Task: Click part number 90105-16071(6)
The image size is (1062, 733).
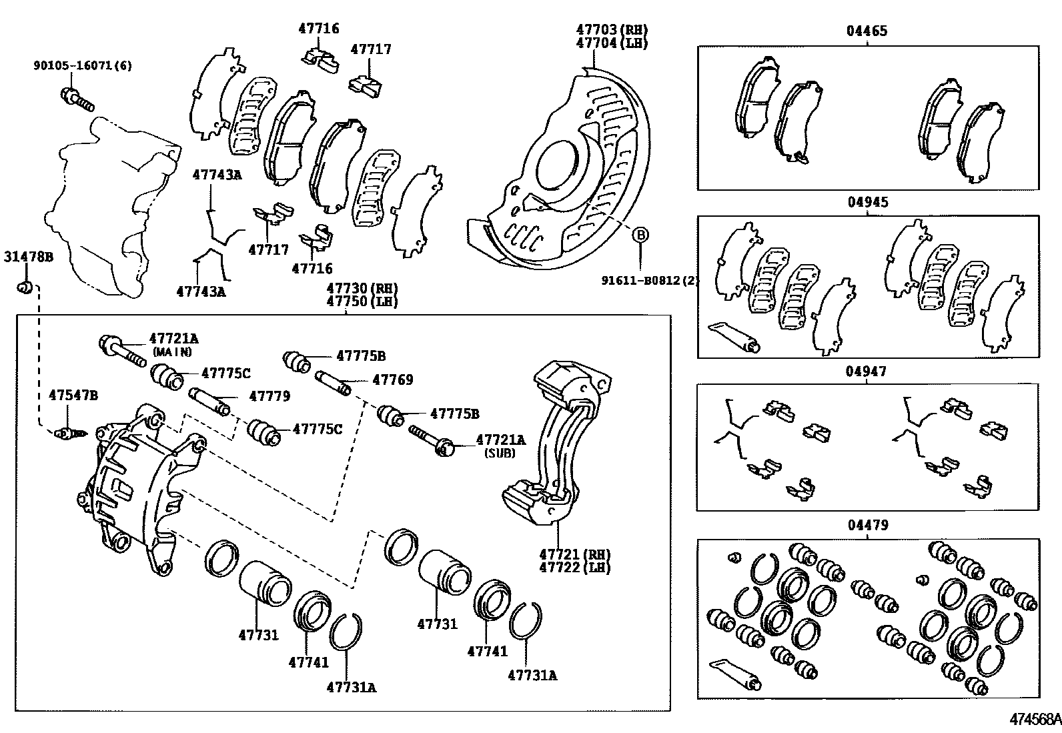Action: [83, 65]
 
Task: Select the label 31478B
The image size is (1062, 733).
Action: [28, 256]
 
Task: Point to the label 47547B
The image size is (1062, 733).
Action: [73, 396]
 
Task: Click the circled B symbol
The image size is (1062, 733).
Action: [640, 235]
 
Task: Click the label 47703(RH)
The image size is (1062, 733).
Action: [612, 29]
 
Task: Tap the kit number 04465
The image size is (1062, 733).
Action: [867, 31]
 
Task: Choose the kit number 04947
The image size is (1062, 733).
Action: [867, 372]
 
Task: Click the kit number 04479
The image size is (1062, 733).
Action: [867, 526]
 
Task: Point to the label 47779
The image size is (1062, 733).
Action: [270, 396]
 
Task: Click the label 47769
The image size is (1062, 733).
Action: [392, 380]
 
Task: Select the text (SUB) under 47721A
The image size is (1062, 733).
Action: [500, 453]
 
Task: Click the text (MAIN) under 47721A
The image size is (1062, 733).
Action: [171, 351]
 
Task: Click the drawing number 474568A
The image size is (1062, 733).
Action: [1034, 720]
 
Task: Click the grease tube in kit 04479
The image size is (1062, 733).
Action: [734, 674]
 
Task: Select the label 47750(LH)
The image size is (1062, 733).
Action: [362, 301]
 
